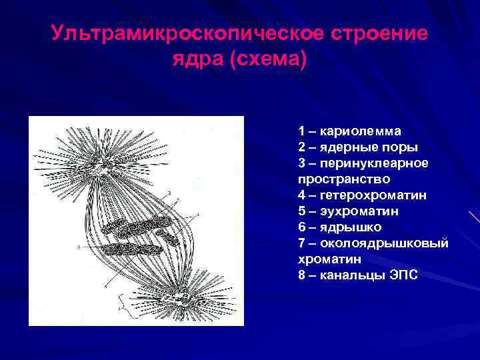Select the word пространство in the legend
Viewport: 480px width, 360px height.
(x=335, y=179)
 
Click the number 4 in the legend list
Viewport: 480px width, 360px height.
(x=302, y=195)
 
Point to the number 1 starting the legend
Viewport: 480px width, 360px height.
(x=302, y=131)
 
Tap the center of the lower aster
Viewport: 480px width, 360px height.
(x=183, y=294)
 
